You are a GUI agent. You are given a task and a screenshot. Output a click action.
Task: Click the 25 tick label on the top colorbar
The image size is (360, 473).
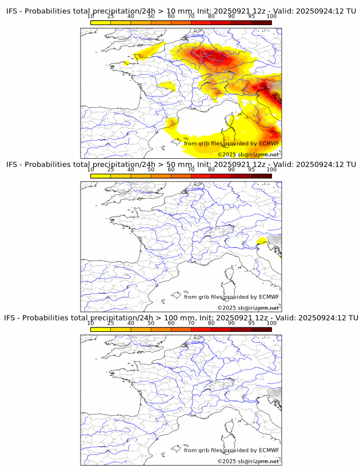pos(111,16)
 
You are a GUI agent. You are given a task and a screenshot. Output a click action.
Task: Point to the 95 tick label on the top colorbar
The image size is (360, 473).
pos(251,16)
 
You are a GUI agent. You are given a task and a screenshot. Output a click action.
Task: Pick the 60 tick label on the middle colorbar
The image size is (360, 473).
pos(171,170)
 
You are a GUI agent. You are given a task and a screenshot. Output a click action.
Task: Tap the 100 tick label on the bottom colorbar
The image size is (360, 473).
pos(271,323)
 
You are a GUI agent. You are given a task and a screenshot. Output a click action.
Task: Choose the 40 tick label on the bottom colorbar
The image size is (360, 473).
pos(131,323)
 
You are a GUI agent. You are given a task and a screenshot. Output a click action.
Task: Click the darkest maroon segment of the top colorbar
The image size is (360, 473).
pos(261,22)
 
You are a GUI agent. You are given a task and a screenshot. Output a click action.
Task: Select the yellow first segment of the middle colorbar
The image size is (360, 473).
pos(101,176)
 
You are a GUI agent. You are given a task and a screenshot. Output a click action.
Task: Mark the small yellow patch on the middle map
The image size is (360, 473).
pos(262,240)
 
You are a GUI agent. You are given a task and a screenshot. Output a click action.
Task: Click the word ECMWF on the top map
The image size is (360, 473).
pos(269,143)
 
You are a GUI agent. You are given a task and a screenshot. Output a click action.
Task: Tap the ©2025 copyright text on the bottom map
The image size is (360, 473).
pos(227,461)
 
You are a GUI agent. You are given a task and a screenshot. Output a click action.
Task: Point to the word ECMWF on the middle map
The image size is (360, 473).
pos(269,296)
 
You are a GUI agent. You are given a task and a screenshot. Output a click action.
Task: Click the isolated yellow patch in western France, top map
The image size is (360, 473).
pos(167,86)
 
